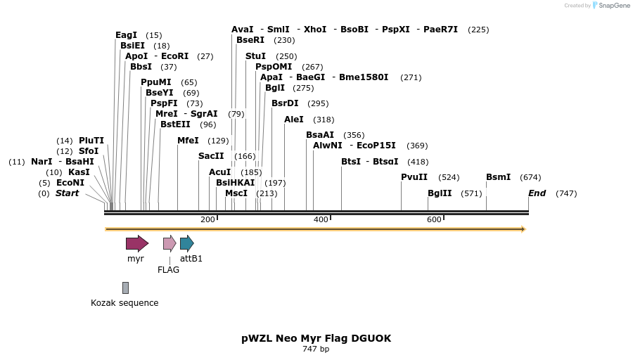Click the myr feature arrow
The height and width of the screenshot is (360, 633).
137,243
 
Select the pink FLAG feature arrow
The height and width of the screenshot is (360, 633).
170,243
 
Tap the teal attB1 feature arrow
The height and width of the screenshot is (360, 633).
186,243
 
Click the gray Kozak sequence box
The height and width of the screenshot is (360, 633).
125,288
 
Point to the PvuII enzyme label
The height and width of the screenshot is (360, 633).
414,177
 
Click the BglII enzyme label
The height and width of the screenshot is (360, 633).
440,193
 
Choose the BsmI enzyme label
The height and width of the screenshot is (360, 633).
498,177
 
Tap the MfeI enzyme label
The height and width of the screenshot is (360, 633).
188,141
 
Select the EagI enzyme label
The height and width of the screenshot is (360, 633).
127,35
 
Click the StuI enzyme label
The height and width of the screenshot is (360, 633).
255,56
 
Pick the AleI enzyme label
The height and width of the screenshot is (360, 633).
294,120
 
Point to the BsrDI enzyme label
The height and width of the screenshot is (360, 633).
285,103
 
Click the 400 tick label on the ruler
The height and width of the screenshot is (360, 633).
321,220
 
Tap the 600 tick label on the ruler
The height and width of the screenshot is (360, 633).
434,220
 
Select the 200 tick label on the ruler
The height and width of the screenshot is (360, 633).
207,220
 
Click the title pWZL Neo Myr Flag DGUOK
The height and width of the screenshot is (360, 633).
316,338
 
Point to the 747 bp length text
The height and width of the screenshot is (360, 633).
316,349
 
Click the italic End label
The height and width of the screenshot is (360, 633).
537,193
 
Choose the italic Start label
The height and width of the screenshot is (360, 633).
68,193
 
